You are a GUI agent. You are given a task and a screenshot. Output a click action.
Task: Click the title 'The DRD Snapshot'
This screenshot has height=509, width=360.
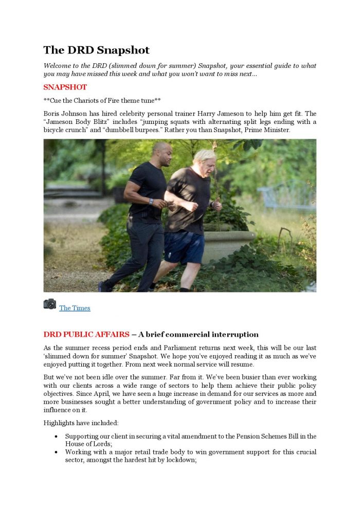(x=96, y=50)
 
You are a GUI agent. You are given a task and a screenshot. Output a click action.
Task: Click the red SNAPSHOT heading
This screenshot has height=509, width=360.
(x=65, y=87)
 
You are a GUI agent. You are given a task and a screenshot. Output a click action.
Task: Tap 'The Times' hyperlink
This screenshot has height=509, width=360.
(x=75, y=308)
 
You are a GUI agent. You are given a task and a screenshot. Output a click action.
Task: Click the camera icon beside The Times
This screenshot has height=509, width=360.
(x=50, y=304)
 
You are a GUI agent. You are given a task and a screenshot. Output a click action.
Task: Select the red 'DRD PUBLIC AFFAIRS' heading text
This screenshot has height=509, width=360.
(x=86, y=335)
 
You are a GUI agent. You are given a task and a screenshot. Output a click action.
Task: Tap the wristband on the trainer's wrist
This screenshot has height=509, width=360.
(x=151, y=202)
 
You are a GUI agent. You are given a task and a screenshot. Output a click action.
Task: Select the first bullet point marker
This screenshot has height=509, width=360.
(x=56, y=437)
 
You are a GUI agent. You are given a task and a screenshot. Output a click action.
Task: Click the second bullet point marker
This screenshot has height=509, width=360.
(x=56, y=452)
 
